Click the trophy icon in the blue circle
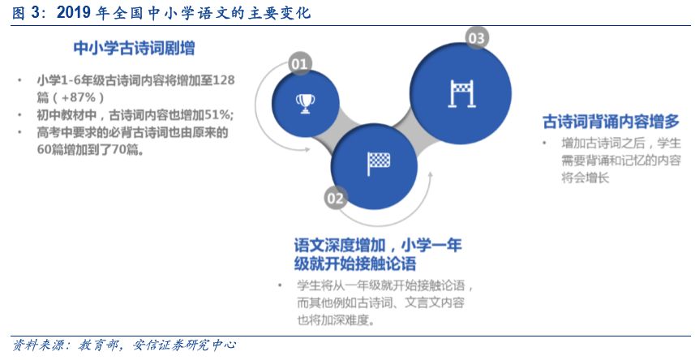click(305, 104)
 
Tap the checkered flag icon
click(379, 164)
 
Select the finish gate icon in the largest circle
click(461, 93)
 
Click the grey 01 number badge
click(299, 64)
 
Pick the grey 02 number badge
click(336, 198)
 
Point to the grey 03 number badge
click(477, 38)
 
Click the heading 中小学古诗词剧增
click(134, 48)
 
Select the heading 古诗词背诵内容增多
click(611, 122)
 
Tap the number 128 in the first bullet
click(224, 80)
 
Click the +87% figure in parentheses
click(78, 97)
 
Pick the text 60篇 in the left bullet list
click(50, 150)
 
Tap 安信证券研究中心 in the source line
click(184, 345)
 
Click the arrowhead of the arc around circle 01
click(306, 150)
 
